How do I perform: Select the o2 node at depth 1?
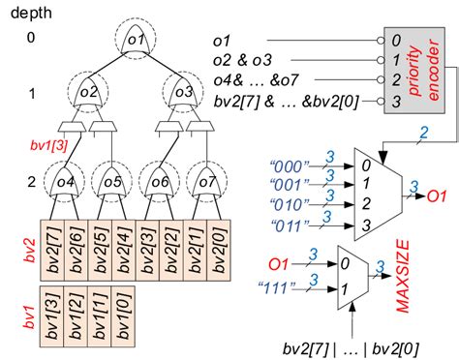pyautogui.click(x=89, y=92)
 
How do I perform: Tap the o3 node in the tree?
pyautogui.click(x=184, y=92)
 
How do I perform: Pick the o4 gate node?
pyautogui.click(x=66, y=181)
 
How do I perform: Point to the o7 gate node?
pyautogui.click(x=207, y=181)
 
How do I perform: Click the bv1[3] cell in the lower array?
pyautogui.click(x=52, y=315)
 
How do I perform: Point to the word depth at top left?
pyautogui.click(x=30, y=13)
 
